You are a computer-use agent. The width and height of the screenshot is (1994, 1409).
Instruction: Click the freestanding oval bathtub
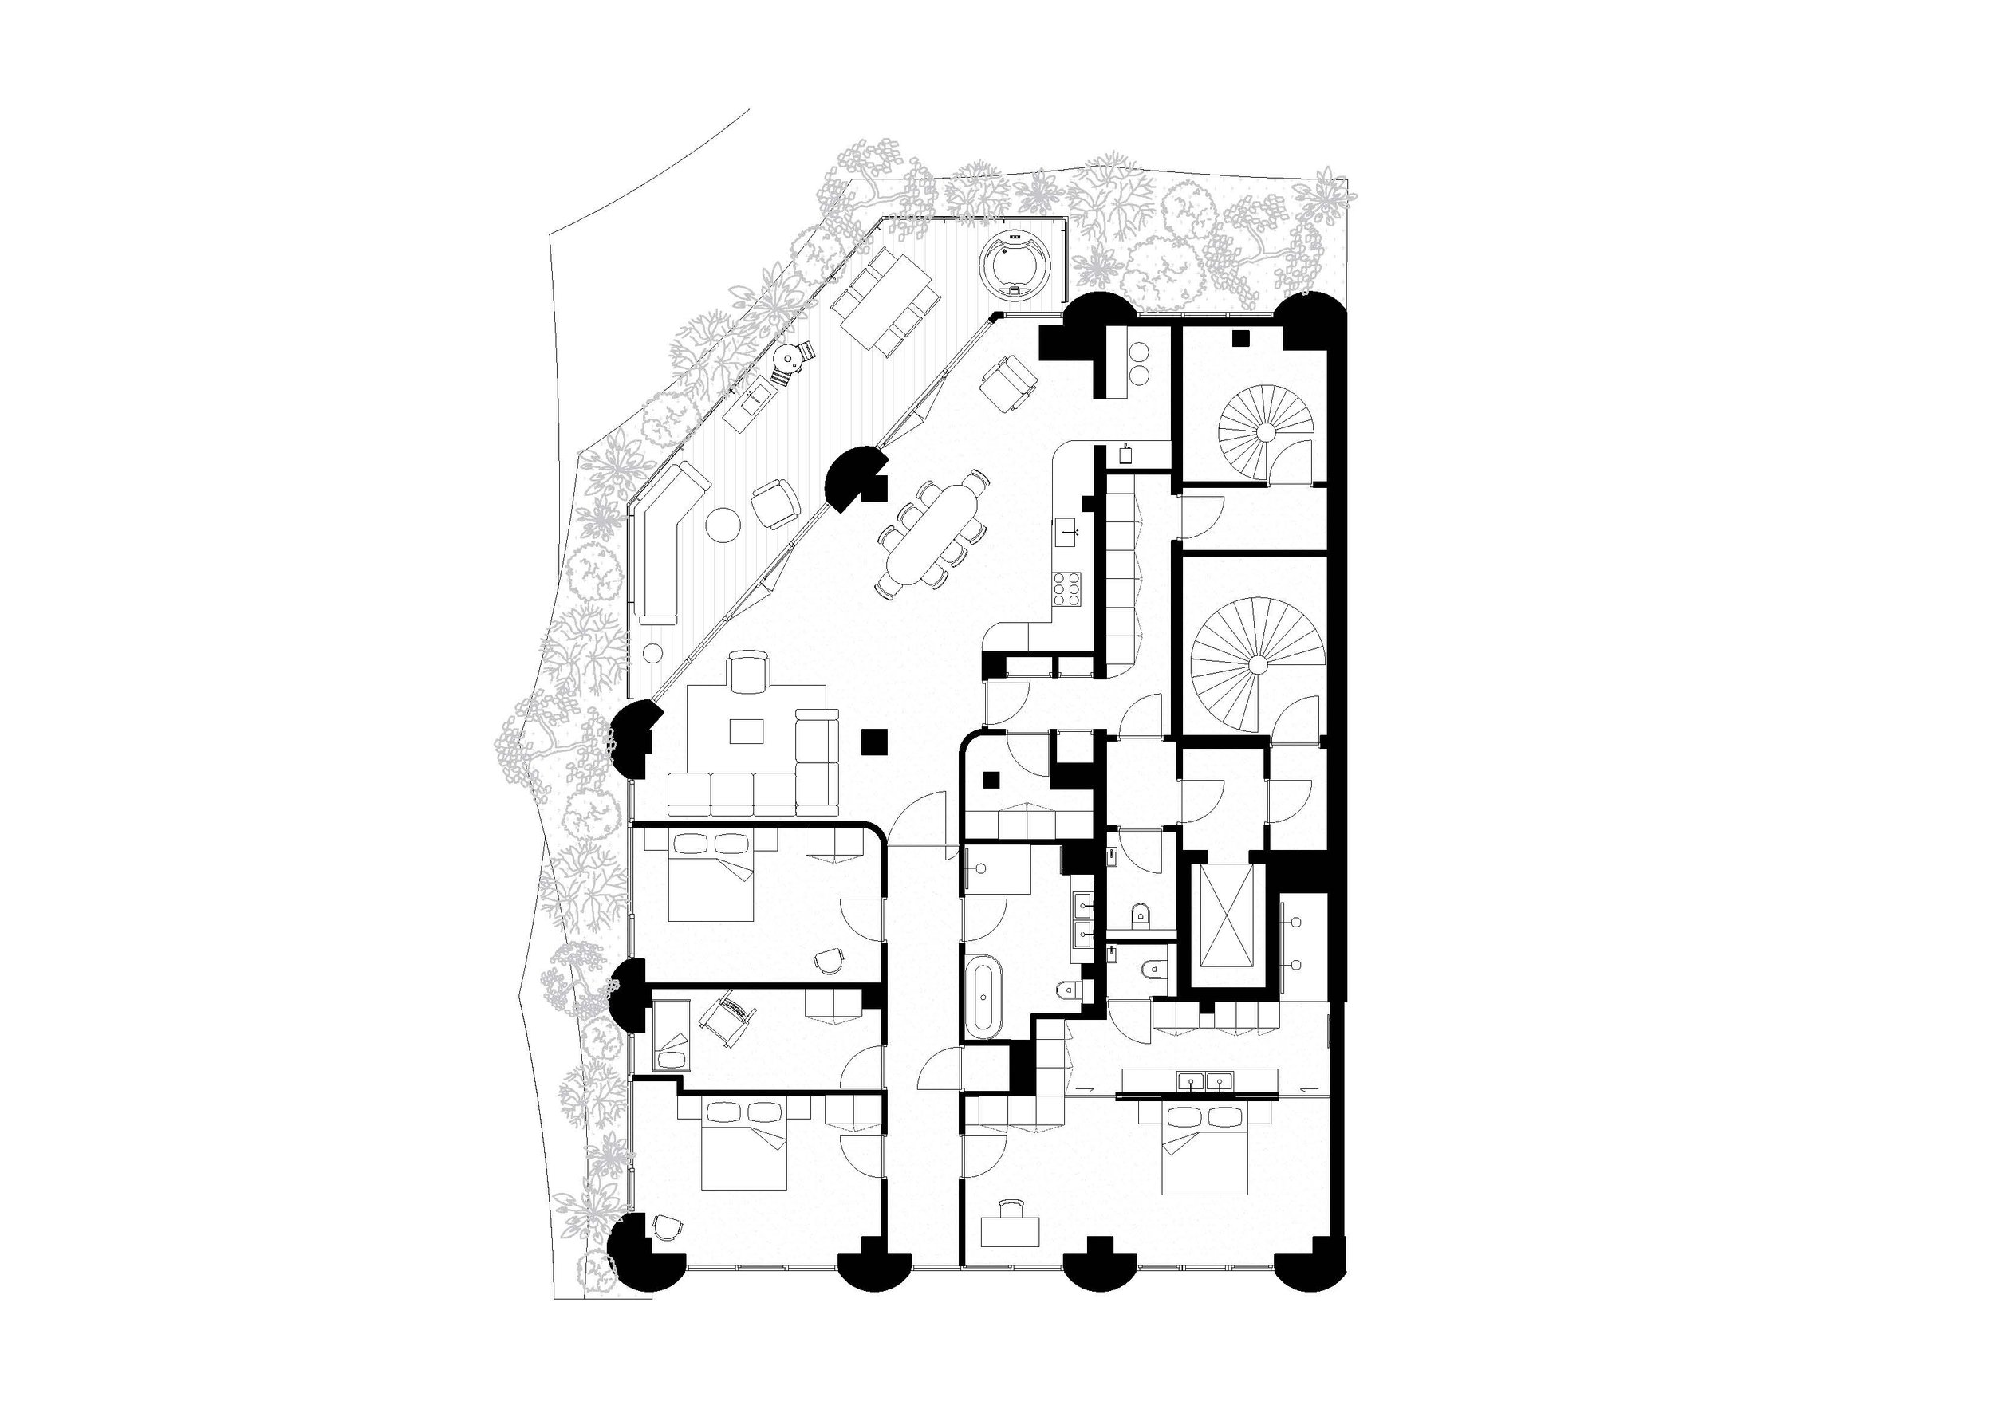click(x=984, y=995)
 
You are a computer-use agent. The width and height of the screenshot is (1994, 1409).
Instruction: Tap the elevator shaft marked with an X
click(x=1228, y=927)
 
